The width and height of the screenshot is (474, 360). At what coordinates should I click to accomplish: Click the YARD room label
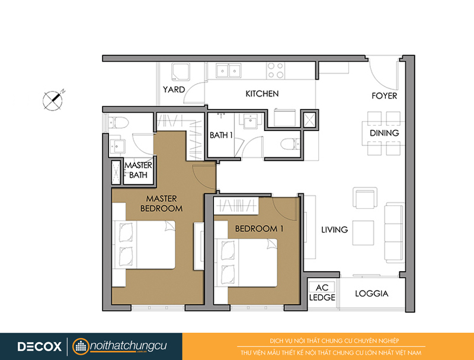[174, 90]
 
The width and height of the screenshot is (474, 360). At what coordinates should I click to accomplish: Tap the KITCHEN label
[262, 94]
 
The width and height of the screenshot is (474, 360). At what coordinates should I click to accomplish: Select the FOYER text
[384, 96]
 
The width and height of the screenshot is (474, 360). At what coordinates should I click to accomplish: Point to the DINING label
[384, 133]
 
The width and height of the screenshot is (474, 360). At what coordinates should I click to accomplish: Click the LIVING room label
[334, 230]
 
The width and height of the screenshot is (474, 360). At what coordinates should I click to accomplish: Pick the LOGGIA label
[371, 294]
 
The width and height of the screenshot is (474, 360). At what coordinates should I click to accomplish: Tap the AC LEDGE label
[322, 292]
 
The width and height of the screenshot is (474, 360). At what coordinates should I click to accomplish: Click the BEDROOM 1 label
[260, 229]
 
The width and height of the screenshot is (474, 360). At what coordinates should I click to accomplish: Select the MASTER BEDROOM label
[161, 203]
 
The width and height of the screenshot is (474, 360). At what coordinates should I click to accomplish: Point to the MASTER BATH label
[138, 170]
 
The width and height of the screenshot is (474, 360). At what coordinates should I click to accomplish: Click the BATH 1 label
[221, 135]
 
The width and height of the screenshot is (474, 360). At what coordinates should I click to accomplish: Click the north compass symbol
[53, 100]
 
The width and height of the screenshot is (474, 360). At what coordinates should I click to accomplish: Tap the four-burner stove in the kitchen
[276, 70]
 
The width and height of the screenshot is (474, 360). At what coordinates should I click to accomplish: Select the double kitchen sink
[229, 71]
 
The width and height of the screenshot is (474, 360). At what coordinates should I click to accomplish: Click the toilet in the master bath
[118, 123]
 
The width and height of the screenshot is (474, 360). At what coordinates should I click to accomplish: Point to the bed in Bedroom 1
[246, 262]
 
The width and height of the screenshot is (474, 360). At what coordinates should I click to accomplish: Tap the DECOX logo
[39, 346]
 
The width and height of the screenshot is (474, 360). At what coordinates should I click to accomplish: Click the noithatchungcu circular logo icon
[81, 346]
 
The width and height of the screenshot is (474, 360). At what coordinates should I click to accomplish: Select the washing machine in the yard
[181, 72]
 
